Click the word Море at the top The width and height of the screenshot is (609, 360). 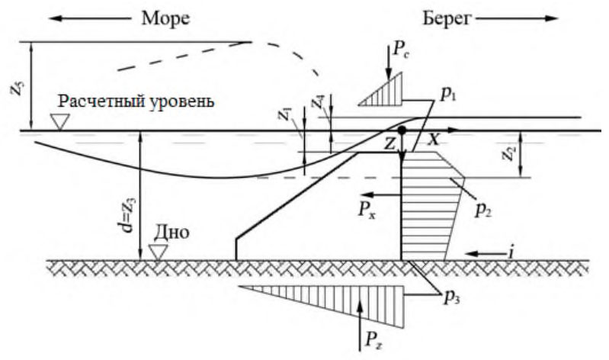pos(165,18)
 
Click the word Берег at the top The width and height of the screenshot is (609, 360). pos(447,18)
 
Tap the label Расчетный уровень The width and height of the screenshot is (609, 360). pos(136,101)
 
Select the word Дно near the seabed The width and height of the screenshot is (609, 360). pos(172,232)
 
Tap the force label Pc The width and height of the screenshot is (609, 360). pos(402,50)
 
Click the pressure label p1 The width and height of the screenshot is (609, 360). pos(448,95)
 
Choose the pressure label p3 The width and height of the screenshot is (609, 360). pos(452,297)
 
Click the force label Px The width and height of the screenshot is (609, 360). pos(367,210)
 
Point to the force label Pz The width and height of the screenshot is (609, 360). pos(373,339)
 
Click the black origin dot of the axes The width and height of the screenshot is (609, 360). pos(402,130)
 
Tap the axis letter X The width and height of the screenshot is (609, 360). pos(434,140)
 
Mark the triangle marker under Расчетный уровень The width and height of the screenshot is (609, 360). pos(60,121)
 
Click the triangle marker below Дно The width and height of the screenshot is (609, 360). pos(158,252)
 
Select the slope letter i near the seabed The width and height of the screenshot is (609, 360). pos(511,253)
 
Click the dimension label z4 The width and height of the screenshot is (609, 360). pos(319,103)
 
